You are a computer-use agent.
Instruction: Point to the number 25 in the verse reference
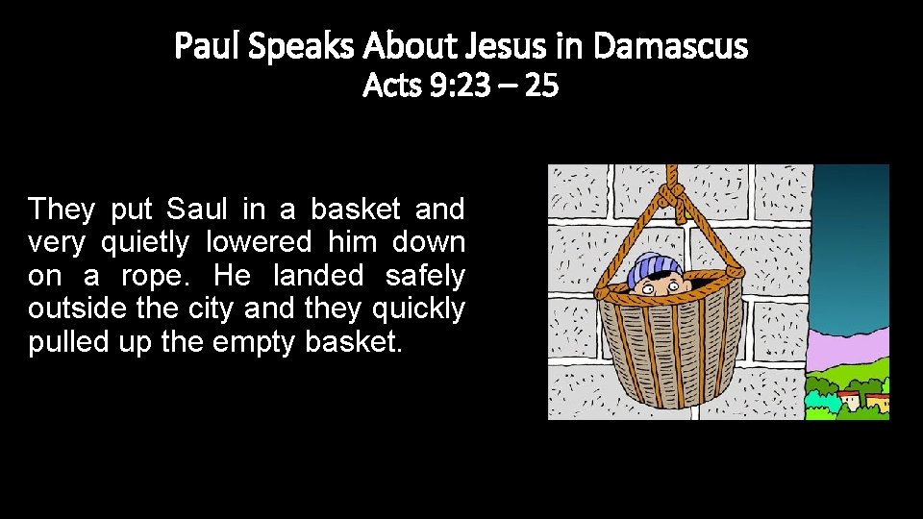(x=542, y=86)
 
